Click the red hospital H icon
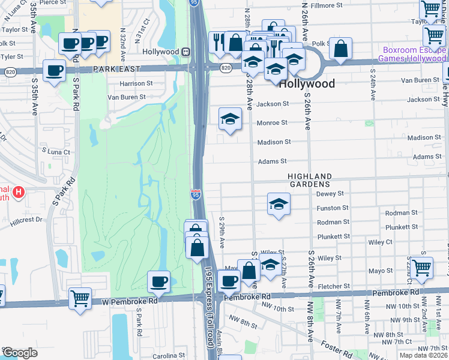coord(19,193)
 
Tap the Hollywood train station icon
coord(187,52)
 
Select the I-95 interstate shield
coord(195,193)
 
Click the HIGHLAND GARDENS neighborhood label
coord(309,179)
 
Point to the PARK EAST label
coord(116,70)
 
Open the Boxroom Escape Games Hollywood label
coord(412,55)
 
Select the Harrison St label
coord(136,83)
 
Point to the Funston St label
coord(330,209)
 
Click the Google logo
coord(19,352)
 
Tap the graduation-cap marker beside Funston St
coord(278,205)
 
